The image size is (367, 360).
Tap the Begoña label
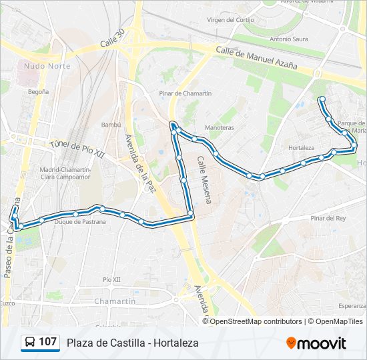[38, 91]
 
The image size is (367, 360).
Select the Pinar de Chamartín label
[186, 93]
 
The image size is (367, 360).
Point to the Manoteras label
[219, 127]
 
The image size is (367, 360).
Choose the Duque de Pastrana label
[80, 222]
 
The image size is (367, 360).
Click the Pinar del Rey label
[328, 218]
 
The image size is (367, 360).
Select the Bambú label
[111, 125]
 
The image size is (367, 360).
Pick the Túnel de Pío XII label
[78, 149]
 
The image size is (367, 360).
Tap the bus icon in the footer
[30, 343]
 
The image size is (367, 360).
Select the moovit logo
[316, 343]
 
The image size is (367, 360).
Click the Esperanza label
[352, 306]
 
